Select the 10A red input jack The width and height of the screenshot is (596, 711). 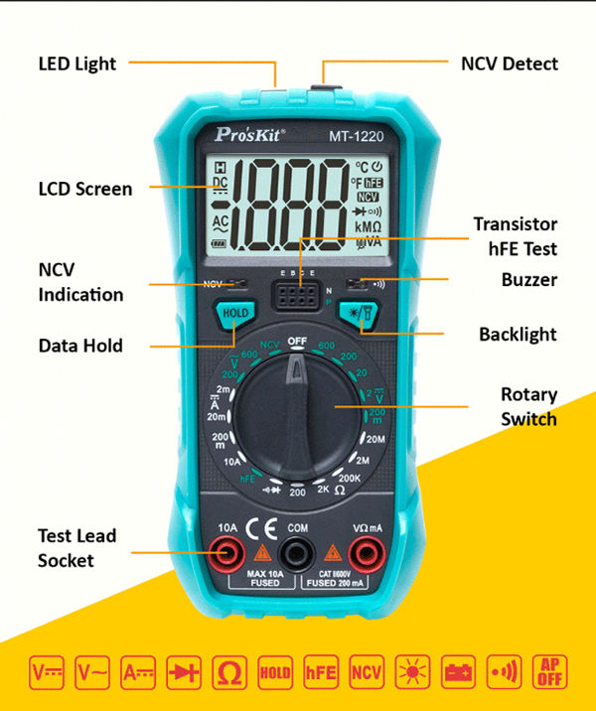pyautogui.click(x=228, y=551)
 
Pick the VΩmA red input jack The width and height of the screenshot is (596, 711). pyautogui.click(x=367, y=551)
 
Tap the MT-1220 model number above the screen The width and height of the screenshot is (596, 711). pyautogui.click(x=357, y=134)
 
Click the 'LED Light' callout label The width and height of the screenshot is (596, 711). pyautogui.click(x=77, y=64)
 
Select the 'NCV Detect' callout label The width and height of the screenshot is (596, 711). pyautogui.click(x=510, y=64)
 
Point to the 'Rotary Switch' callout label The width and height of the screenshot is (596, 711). pyautogui.click(x=528, y=407)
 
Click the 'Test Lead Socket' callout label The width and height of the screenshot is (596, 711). pyautogui.click(x=77, y=548)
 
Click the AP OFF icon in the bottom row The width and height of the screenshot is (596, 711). pyautogui.click(x=549, y=672)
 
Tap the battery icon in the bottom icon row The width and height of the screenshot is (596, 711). pyautogui.click(x=458, y=672)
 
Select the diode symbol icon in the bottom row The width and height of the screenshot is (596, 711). pyautogui.click(x=184, y=672)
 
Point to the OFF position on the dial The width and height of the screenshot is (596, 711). pyautogui.click(x=297, y=341)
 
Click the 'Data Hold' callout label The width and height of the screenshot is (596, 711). pyautogui.click(x=80, y=346)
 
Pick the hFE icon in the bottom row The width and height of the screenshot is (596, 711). pyautogui.click(x=321, y=672)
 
